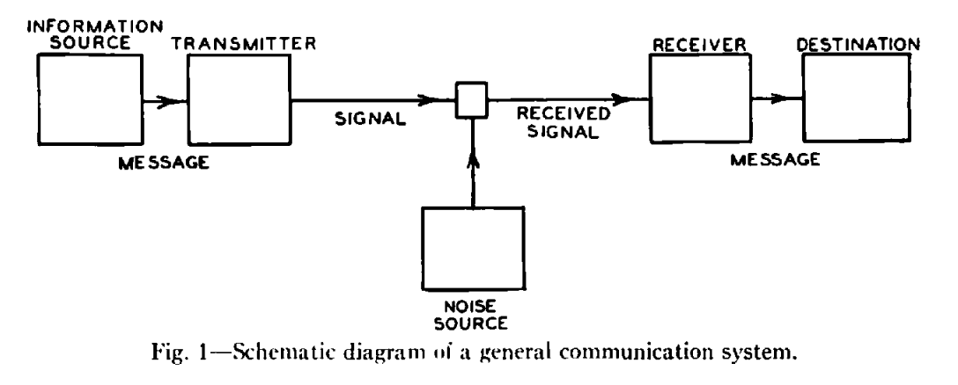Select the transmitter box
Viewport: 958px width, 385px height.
(237, 102)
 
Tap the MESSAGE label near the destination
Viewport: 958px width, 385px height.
(774, 159)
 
